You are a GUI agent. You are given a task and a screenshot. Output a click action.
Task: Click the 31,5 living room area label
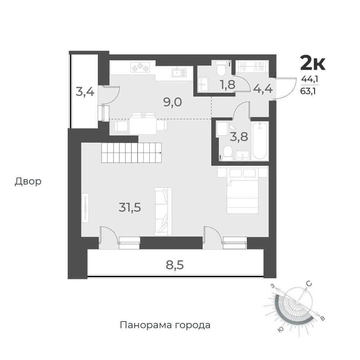tap(130, 208)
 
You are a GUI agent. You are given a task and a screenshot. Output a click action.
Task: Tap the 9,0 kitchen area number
tap(173, 102)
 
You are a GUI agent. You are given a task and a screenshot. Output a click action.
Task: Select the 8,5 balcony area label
tap(175, 265)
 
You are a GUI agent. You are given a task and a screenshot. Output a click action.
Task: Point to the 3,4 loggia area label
tap(85, 92)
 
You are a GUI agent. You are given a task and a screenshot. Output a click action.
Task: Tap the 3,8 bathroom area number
tap(239, 137)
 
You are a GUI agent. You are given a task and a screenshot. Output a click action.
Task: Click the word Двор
tap(28, 181)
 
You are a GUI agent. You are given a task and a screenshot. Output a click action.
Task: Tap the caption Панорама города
tap(165, 325)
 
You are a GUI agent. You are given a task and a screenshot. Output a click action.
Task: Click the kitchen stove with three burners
tap(140, 68)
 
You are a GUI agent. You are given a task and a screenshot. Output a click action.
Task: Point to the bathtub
tap(260, 140)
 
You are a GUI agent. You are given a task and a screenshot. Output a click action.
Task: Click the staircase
tap(131, 152)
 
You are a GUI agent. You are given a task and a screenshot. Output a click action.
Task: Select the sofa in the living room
tap(163, 211)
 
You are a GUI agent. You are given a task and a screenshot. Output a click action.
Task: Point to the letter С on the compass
tap(310, 284)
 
